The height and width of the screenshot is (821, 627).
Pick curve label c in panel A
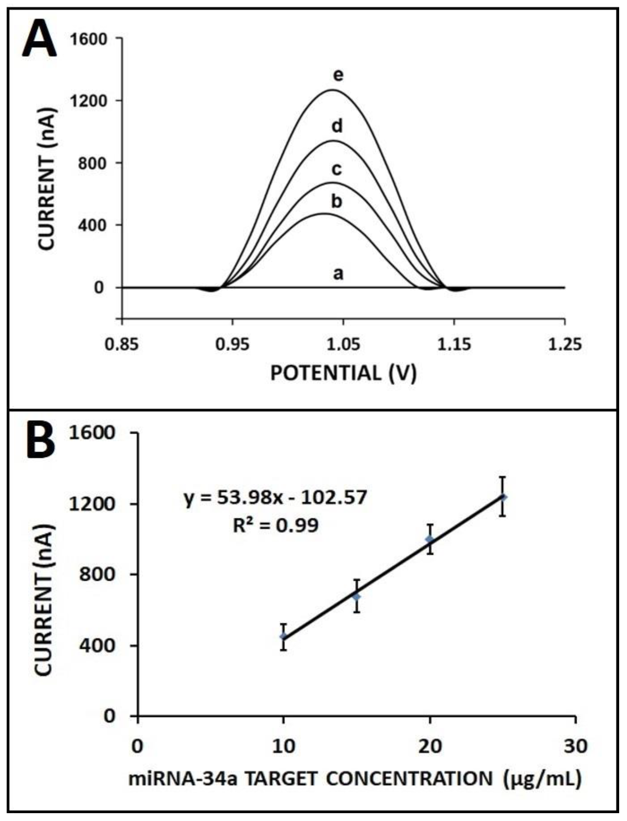pyautogui.click(x=337, y=170)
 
